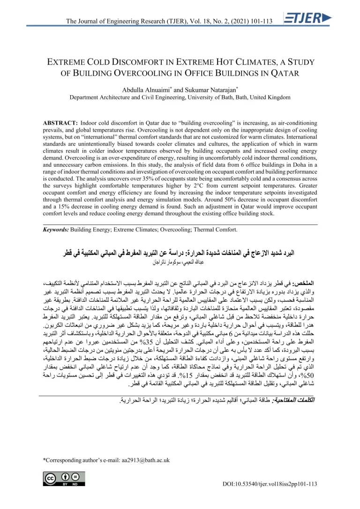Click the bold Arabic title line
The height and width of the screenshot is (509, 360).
[183, 254]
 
